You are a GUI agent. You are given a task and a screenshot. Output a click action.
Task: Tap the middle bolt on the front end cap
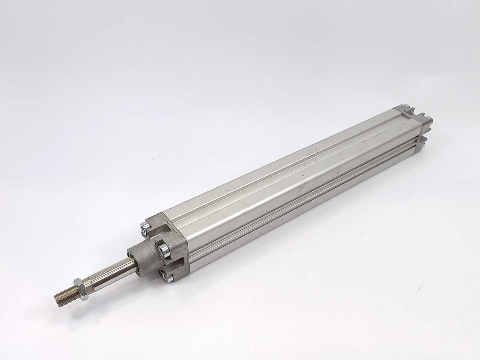point(163,249)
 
